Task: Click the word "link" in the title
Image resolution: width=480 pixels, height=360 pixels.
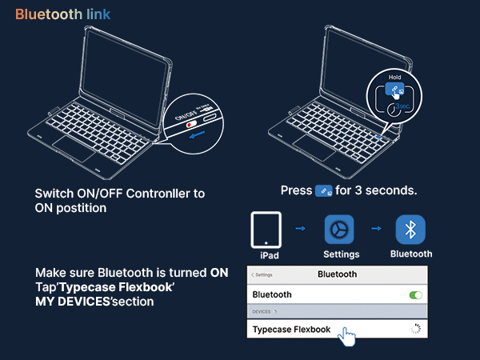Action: coord(98,14)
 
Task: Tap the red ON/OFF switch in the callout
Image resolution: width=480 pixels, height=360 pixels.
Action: coord(192,124)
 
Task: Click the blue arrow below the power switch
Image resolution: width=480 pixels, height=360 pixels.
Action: coord(197,134)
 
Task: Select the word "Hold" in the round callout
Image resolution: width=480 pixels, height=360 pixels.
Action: coord(394,77)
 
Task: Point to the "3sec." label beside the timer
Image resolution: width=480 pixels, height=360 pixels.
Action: coord(402,106)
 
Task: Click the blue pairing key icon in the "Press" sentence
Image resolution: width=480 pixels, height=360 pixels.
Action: coord(323,191)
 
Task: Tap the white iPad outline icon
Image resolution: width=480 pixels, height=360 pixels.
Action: coord(266,230)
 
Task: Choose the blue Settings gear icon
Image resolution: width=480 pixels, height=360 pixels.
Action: coord(339,230)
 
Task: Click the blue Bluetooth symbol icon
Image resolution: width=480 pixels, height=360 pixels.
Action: coord(410,230)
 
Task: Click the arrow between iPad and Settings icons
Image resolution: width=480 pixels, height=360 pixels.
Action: coord(300,228)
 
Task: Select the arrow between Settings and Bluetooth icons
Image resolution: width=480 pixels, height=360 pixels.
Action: coord(376,228)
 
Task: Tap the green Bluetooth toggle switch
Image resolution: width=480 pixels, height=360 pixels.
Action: coord(416,295)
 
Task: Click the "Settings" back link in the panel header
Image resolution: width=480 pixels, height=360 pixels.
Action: coord(262,275)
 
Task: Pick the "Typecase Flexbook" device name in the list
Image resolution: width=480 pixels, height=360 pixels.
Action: coord(291,330)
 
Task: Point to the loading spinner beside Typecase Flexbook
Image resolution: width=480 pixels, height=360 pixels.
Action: coord(416,329)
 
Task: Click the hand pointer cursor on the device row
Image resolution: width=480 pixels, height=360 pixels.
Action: coord(347,337)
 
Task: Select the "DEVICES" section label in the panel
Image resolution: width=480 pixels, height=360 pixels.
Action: coord(261,312)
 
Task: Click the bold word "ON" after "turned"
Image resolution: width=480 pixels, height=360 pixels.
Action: coord(219,273)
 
